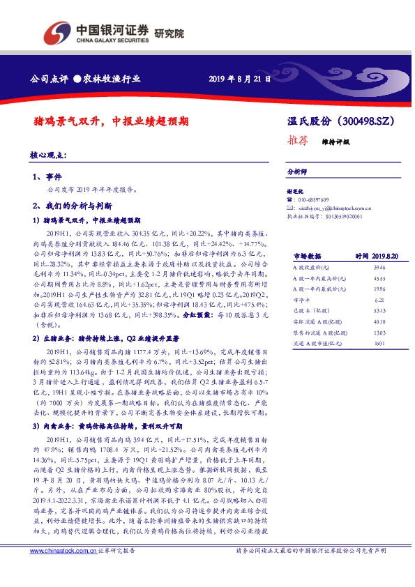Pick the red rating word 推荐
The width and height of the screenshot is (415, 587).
298,139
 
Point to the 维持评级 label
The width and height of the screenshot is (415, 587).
335,141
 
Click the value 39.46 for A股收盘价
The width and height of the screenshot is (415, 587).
379,267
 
